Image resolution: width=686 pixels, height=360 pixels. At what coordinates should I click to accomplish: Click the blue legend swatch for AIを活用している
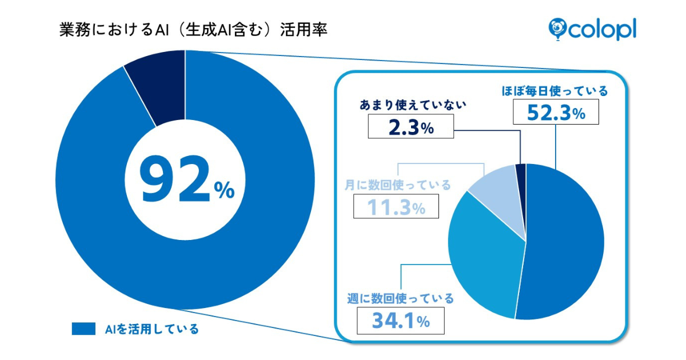click(x=83, y=329)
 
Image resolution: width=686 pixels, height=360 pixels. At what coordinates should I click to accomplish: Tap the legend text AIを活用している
click(x=151, y=329)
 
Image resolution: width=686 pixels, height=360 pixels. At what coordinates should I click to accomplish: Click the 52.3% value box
click(x=556, y=112)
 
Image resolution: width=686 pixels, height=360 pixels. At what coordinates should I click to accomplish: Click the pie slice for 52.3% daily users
click(x=566, y=240)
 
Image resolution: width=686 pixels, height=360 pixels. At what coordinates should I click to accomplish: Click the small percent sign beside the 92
click(x=225, y=191)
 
